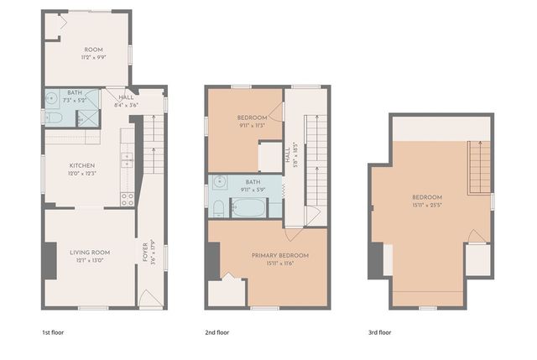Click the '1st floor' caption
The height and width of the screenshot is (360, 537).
click(x=52, y=333)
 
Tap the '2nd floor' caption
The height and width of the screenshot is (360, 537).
click(x=217, y=333)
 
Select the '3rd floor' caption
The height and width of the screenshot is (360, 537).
click(x=379, y=333)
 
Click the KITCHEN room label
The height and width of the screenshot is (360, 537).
click(x=81, y=165)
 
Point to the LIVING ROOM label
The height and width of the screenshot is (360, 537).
click(x=90, y=251)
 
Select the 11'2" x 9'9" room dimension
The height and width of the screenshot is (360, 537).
click(x=87, y=59)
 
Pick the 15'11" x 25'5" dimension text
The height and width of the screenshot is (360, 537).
click(x=427, y=205)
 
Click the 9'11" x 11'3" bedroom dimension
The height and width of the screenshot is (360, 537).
click(x=252, y=125)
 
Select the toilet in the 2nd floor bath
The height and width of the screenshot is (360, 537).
click(x=217, y=206)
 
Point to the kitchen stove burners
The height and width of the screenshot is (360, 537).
click(x=127, y=199)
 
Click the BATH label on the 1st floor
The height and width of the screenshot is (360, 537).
click(x=75, y=92)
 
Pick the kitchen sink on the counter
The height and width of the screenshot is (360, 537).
click(x=128, y=158)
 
